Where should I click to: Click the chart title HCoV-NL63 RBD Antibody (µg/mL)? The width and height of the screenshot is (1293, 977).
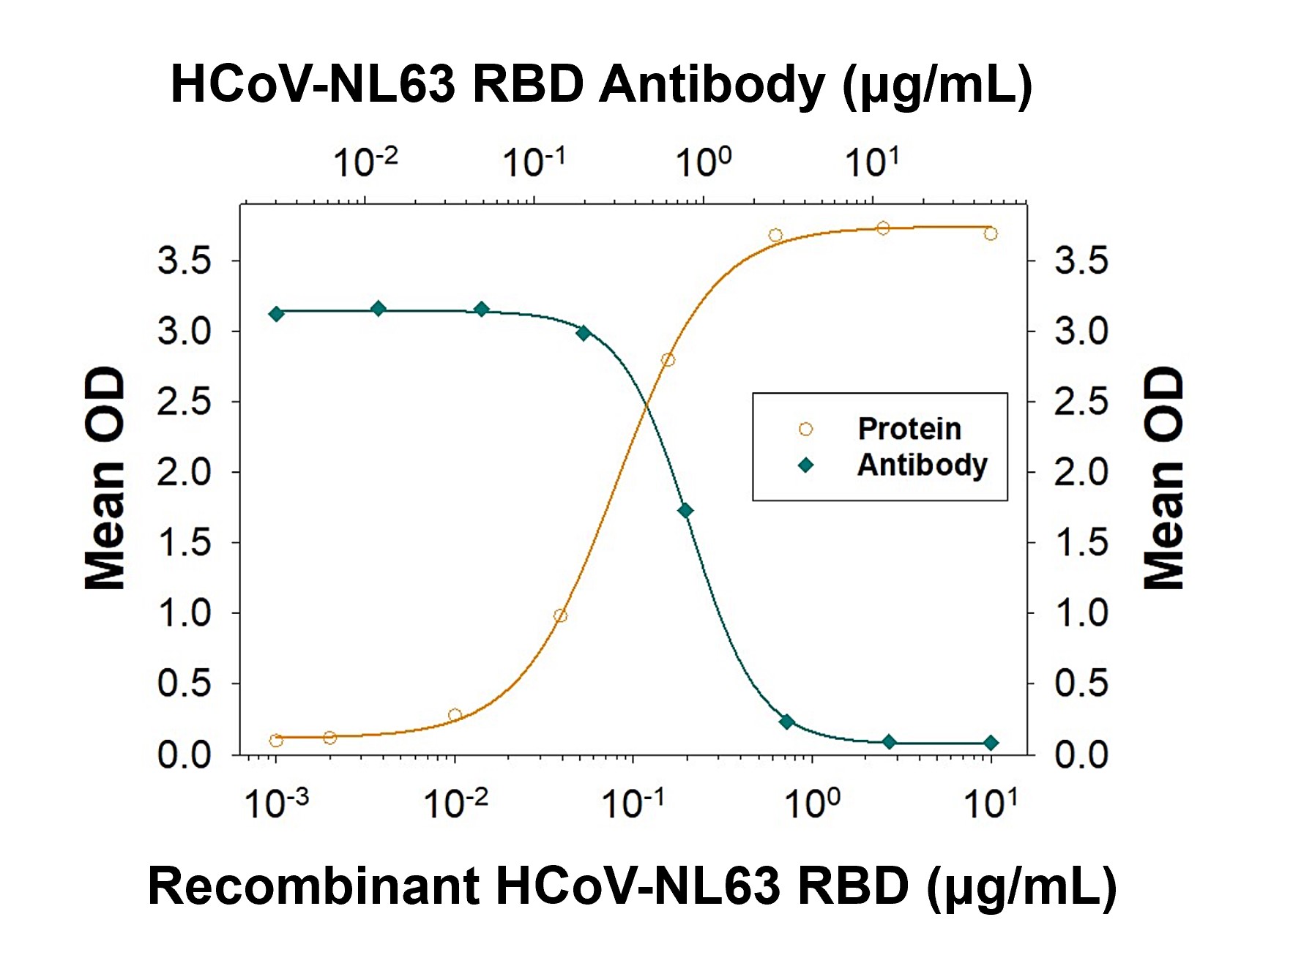click(x=600, y=85)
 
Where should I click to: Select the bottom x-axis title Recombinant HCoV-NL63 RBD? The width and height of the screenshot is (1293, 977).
click(x=631, y=886)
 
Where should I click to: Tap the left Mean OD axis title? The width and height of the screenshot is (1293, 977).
click(x=105, y=478)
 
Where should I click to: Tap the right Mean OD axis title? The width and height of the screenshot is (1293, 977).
click(x=1163, y=478)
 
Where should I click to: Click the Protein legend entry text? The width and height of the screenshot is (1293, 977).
click(x=909, y=429)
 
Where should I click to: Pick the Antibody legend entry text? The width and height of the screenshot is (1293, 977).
click(x=922, y=465)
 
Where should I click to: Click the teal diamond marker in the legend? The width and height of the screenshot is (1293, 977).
click(x=805, y=465)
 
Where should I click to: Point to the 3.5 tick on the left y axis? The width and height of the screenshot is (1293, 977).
click(x=184, y=261)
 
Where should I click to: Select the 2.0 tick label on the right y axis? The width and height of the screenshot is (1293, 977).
click(x=1081, y=472)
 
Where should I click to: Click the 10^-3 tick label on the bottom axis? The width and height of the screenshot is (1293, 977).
click(x=276, y=804)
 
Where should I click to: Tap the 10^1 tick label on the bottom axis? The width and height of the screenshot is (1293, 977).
click(x=990, y=804)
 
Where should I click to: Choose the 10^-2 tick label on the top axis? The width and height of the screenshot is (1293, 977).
click(x=365, y=162)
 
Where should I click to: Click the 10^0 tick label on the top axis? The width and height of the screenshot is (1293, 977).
click(x=703, y=162)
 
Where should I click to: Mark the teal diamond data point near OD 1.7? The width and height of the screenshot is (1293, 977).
click(x=685, y=511)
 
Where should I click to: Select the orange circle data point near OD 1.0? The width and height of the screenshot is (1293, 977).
click(x=560, y=615)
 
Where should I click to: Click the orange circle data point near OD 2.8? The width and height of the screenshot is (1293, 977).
click(x=667, y=360)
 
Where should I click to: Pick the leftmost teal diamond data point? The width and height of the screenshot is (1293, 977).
click(x=276, y=314)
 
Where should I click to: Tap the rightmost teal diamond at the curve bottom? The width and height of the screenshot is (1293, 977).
click(x=991, y=743)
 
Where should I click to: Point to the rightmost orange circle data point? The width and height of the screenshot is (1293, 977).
click(x=991, y=234)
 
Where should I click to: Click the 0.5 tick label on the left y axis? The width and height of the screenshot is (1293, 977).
click(x=184, y=684)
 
